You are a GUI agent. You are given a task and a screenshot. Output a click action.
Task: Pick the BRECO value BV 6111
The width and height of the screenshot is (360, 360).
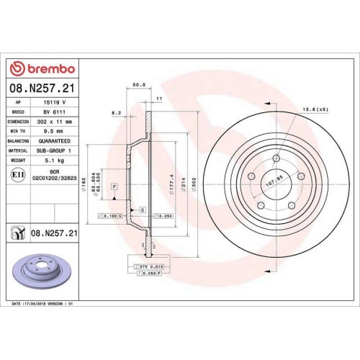tap(53, 112)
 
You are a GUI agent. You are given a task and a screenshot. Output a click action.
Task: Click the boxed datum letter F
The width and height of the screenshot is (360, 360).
tap(114, 186)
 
